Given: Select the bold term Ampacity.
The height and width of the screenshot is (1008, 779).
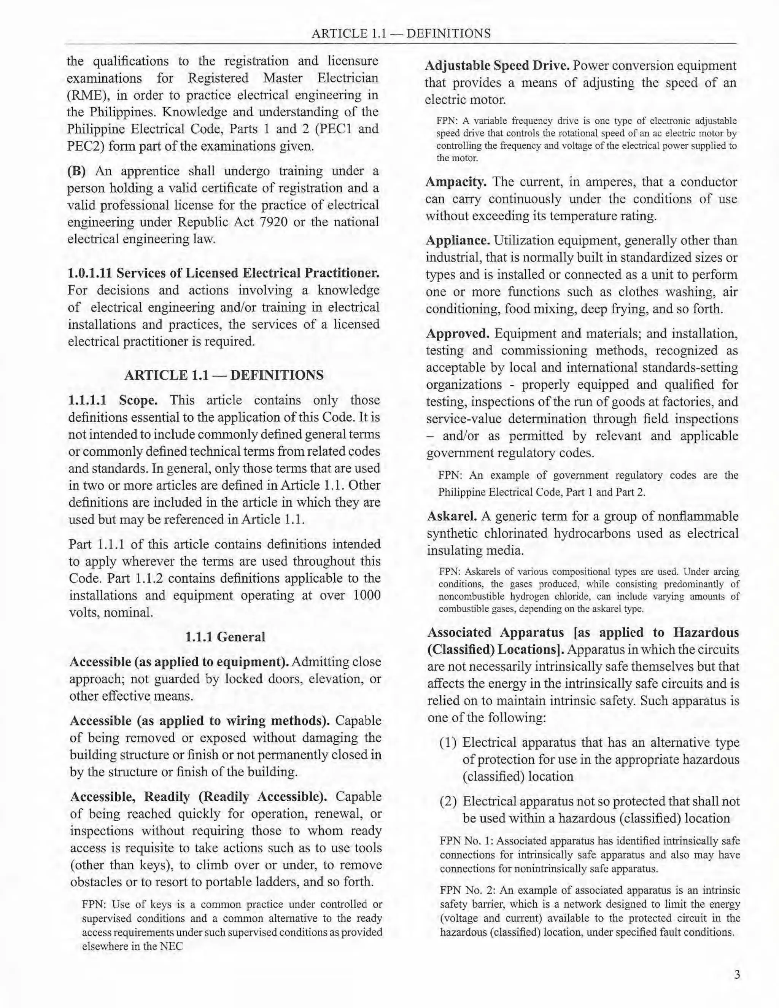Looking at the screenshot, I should click(x=455, y=182).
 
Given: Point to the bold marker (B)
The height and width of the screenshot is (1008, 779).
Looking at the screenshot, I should click(x=76, y=171).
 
